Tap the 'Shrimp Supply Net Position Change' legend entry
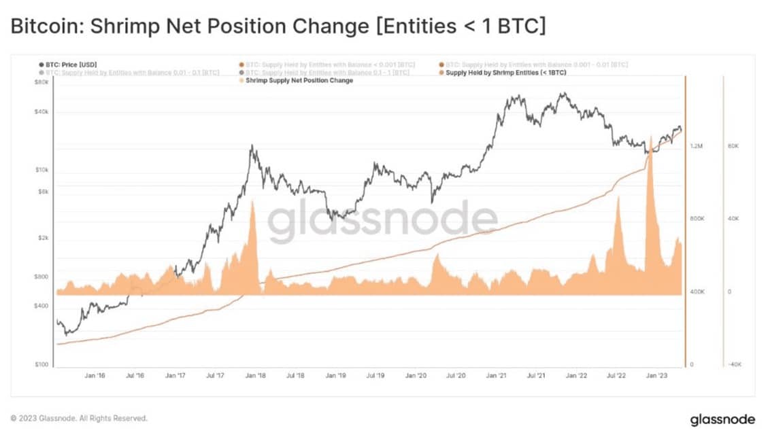(x=299, y=80)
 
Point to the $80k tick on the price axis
(x=40, y=82)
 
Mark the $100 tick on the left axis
(x=40, y=365)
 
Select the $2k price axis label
(x=41, y=238)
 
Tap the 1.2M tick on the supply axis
(x=697, y=146)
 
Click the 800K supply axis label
(x=697, y=219)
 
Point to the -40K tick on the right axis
(x=734, y=365)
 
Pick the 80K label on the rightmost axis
(x=733, y=146)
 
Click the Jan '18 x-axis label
(x=256, y=375)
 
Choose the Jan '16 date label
(x=95, y=375)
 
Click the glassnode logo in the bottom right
(x=722, y=419)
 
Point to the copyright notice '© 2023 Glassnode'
(x=79, y=418)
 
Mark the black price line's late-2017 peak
(x=252, y=145)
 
